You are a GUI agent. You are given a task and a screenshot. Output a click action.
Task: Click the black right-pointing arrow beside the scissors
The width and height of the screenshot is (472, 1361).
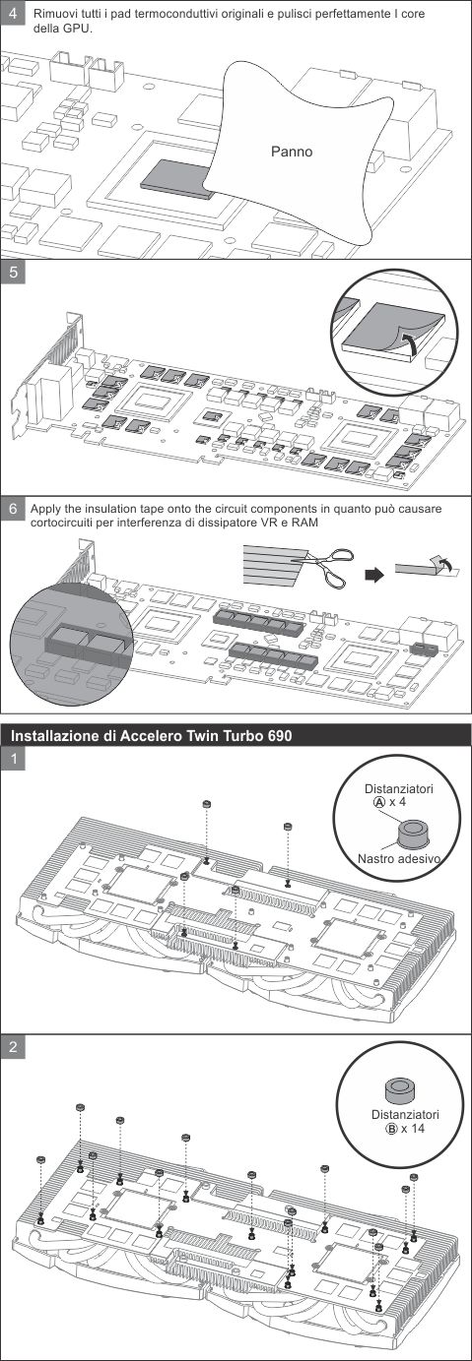[372, 574]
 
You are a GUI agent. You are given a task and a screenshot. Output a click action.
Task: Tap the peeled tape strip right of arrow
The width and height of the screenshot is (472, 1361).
[422, 568]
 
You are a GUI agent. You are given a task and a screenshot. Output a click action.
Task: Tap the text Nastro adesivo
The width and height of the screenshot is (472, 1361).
[399, 859]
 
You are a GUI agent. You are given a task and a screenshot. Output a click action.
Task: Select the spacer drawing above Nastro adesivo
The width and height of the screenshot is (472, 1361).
[406, 835]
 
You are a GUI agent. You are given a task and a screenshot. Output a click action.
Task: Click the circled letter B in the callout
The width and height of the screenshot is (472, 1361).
[389, 1129]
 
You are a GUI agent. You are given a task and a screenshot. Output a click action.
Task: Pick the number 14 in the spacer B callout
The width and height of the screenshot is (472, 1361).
[418, 1129]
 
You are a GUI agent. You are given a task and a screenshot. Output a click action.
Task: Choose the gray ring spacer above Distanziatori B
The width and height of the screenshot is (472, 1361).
[399, 1089]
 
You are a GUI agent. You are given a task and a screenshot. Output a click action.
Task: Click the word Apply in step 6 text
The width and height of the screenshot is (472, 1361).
[46, 509]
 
